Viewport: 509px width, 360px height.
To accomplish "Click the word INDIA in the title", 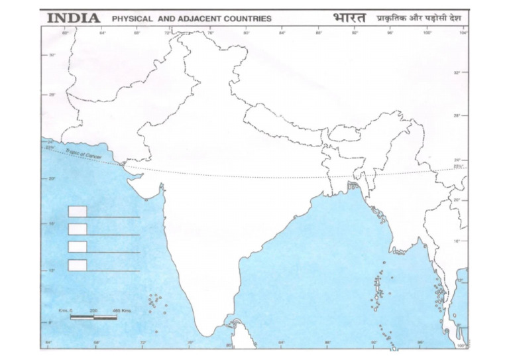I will click(73, 18).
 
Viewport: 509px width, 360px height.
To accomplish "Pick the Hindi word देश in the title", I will click(455, 18).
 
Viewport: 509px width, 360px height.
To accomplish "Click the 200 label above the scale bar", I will click(93, 311).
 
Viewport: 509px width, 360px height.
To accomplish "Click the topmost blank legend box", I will click(78, 211).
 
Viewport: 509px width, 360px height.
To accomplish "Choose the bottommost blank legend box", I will click(78, 265).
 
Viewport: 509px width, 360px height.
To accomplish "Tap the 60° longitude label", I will click(66, 32).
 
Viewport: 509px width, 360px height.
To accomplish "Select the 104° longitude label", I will click(463, 32).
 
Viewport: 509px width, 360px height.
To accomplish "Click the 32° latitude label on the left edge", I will click(52, 55).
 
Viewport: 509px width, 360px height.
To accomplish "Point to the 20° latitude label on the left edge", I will click(52, 178).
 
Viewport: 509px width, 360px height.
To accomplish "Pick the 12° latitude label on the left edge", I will click(52, 270).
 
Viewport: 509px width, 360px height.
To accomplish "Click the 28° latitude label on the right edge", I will click(457, 115).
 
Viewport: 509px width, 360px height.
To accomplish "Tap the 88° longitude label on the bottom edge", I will click(327, 343).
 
